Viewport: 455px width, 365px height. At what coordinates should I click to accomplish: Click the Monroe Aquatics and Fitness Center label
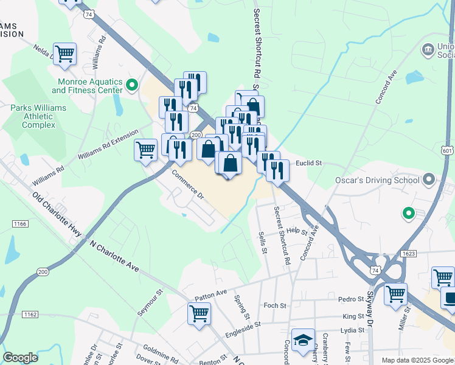pos(87,86)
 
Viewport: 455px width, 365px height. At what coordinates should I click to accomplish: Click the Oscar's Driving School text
pos(377,180)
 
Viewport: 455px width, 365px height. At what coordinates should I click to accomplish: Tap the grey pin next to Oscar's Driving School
pos(429,179)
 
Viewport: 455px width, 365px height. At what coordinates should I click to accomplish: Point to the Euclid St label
pos(308,163)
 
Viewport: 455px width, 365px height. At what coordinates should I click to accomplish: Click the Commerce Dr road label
pos(187,184)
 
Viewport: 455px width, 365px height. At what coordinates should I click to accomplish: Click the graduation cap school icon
pos(303,341)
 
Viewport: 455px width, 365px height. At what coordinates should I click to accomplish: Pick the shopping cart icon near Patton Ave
pos(199,313)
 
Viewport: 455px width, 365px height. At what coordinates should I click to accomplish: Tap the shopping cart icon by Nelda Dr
pos(64,53)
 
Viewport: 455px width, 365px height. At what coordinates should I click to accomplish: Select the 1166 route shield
pos(19,224)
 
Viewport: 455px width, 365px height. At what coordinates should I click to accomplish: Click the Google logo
pos(20,357)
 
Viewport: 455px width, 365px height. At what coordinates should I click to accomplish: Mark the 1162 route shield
pos(30,315)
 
